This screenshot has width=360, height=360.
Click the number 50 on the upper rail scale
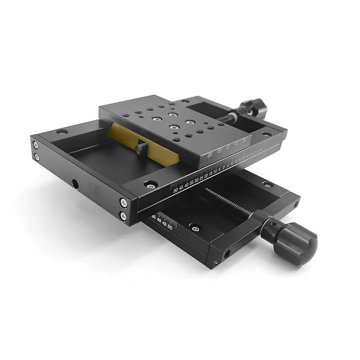[x=175, y=190]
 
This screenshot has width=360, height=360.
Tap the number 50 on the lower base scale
[x=170, y=227]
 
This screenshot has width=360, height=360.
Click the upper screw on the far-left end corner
[x=35, y=145]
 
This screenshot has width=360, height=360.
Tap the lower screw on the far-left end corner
[x=36, y=157]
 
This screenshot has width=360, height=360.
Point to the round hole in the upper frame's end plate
[x=75, y=184]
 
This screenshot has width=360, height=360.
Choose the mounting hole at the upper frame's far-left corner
[x=62, y=132]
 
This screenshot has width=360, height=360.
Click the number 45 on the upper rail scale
[x=181, y=187]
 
